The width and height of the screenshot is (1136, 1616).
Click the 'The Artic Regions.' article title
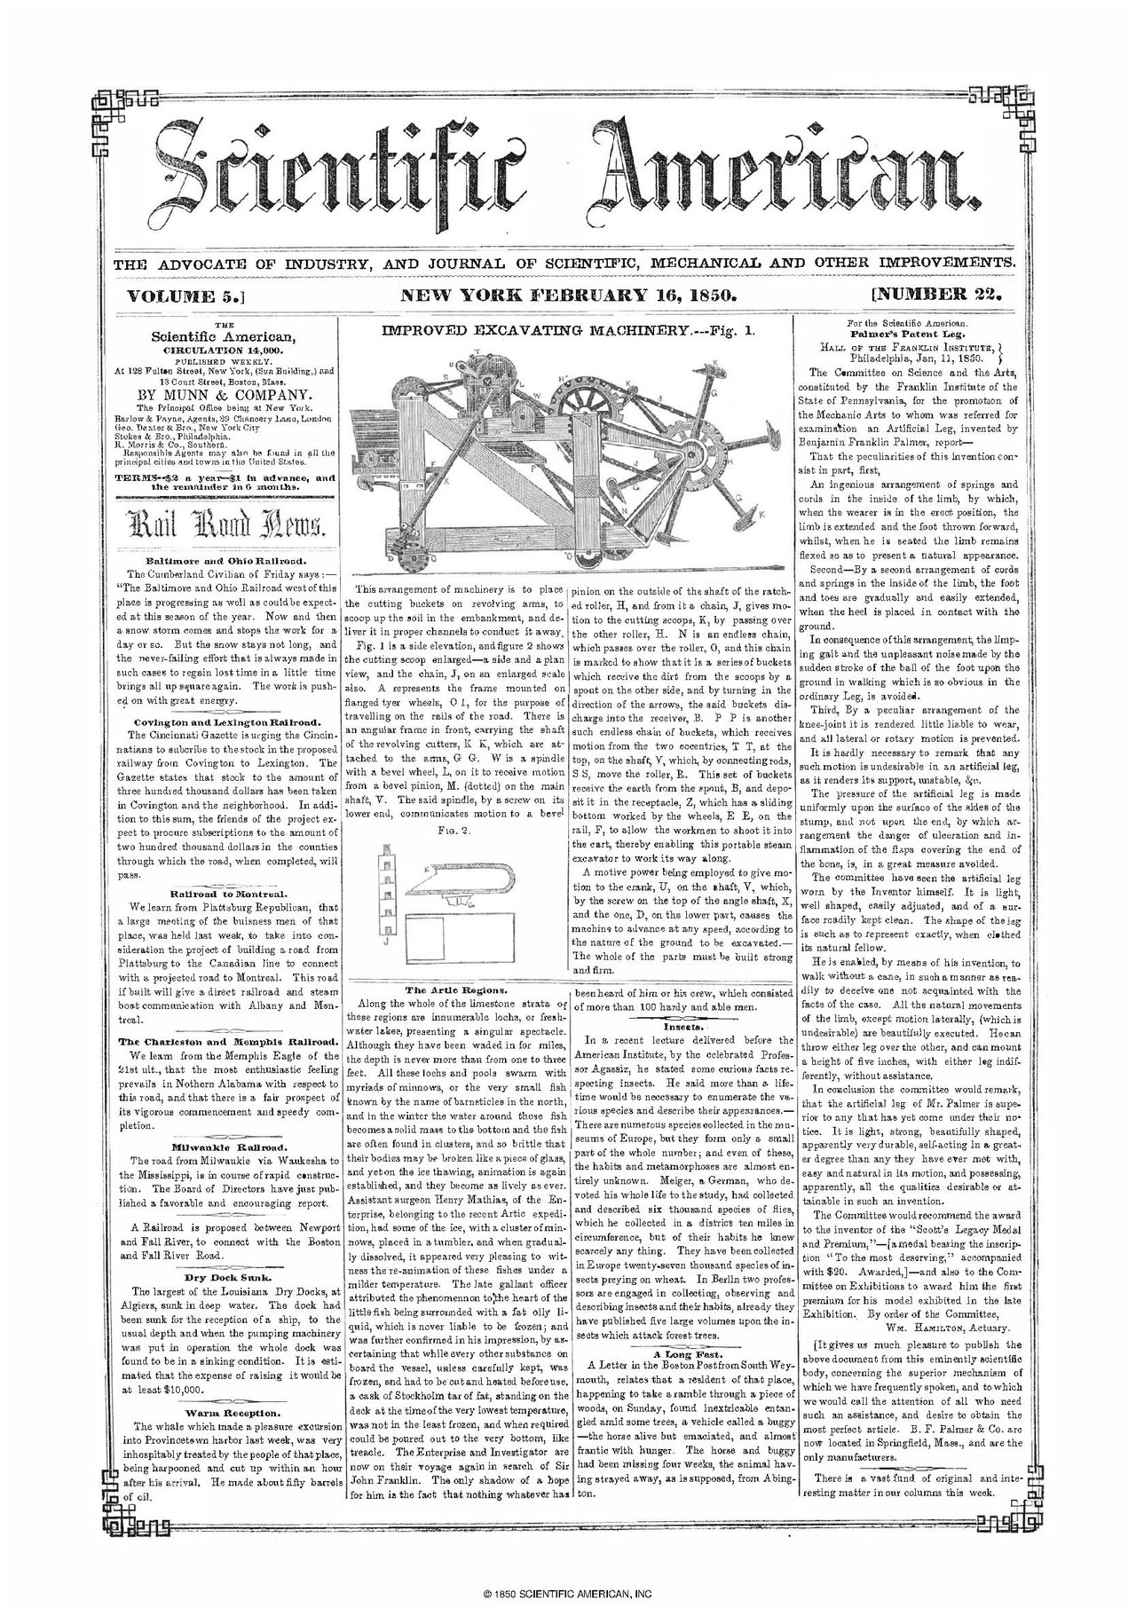[456, 988]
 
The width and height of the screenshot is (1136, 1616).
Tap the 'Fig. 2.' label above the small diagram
[457, 830]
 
